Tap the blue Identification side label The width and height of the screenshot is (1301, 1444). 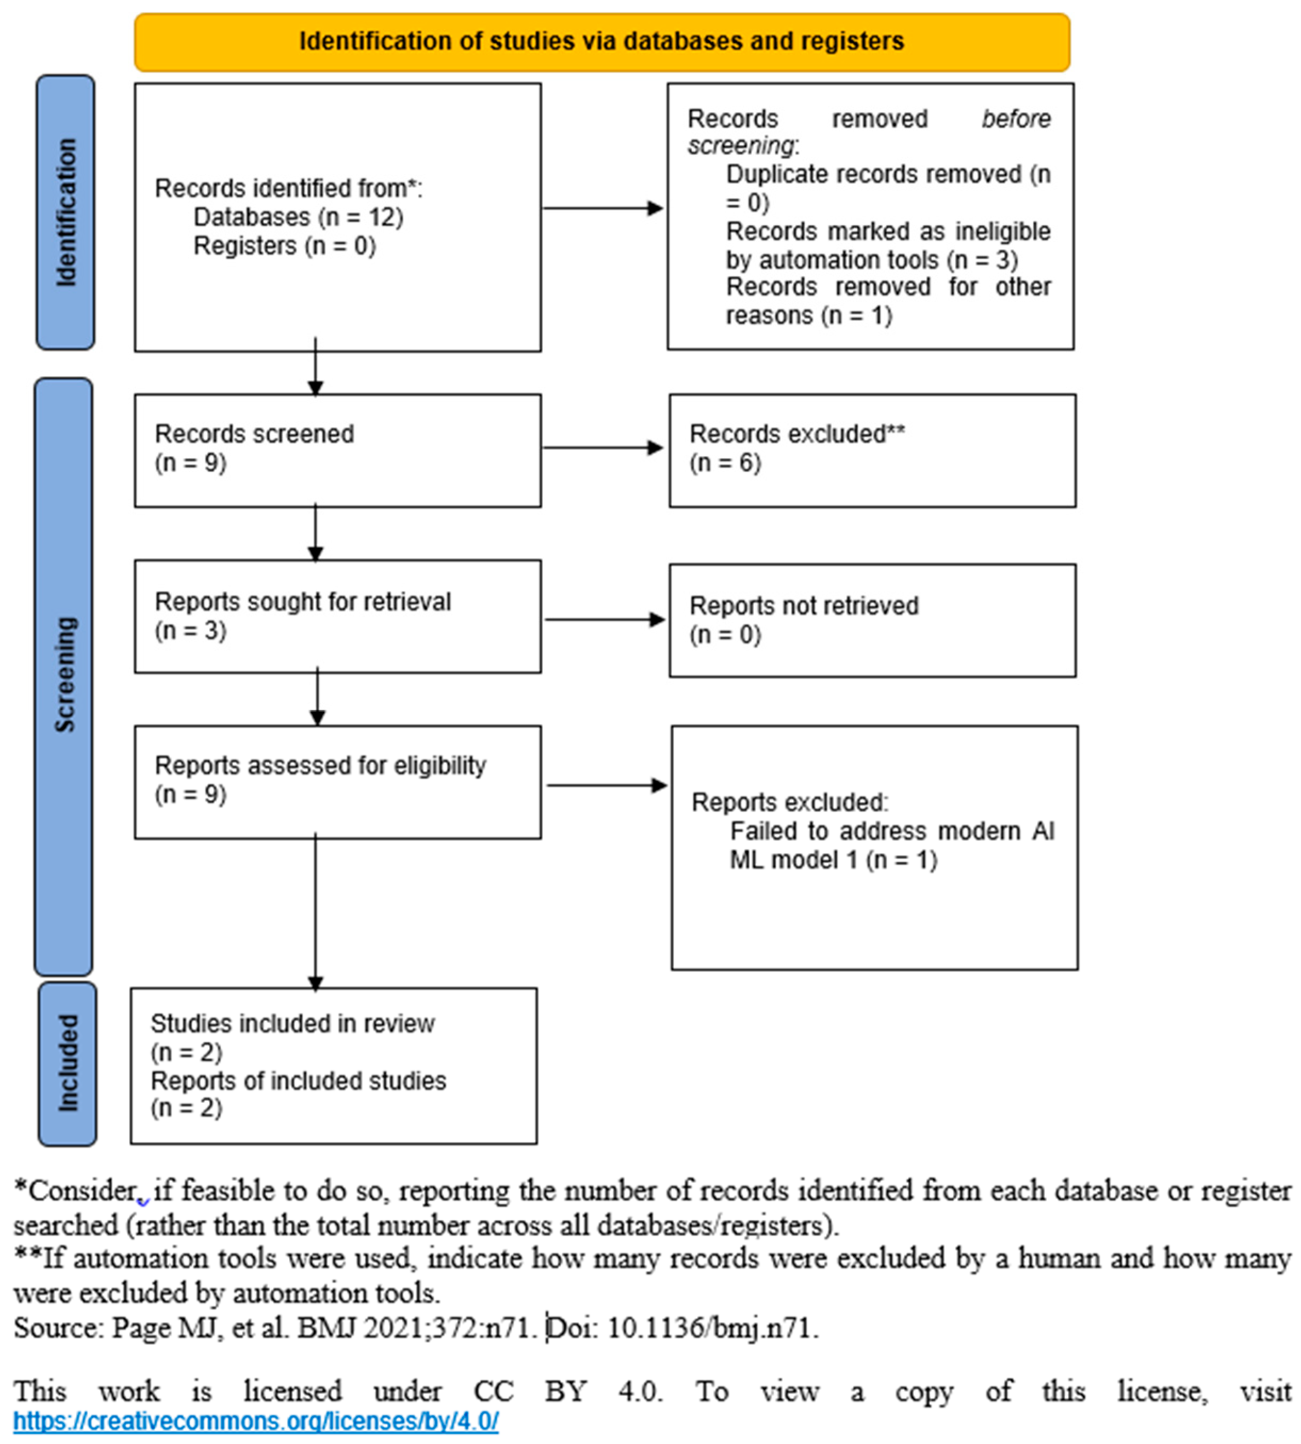click(x=65, y=212)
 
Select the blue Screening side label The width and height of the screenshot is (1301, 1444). click(x=64, y=676)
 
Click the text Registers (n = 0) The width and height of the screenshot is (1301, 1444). click(x=284, y=246)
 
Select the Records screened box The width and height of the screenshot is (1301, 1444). click(x=337, y=451)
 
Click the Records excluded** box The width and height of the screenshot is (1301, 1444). click(x=872, y=451)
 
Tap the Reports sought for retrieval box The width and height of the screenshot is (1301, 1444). click(x=337, y=617)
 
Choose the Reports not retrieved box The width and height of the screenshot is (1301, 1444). click(x=872, y=620)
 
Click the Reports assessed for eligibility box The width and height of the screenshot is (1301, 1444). click(x=337, y=781)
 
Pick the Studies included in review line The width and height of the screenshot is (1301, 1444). click(x=293, y=1023)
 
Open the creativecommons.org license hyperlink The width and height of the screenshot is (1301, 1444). click(x=255, y=1421)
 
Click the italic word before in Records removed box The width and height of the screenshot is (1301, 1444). click(x=1015, y=119)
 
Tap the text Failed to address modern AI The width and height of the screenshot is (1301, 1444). click(x=891, y=831)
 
